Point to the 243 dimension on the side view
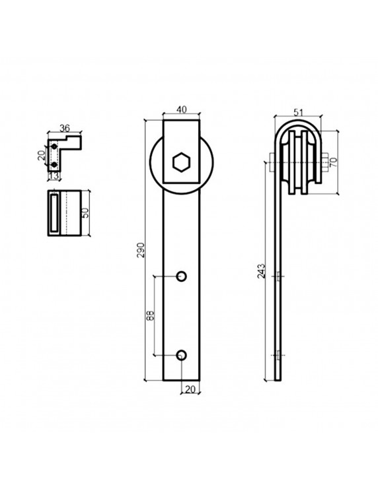262,271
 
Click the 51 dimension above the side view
298,113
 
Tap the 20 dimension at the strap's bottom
190,389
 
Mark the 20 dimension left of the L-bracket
42,156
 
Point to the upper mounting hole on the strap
182,275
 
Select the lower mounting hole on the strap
182,355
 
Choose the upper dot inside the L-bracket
54,146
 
